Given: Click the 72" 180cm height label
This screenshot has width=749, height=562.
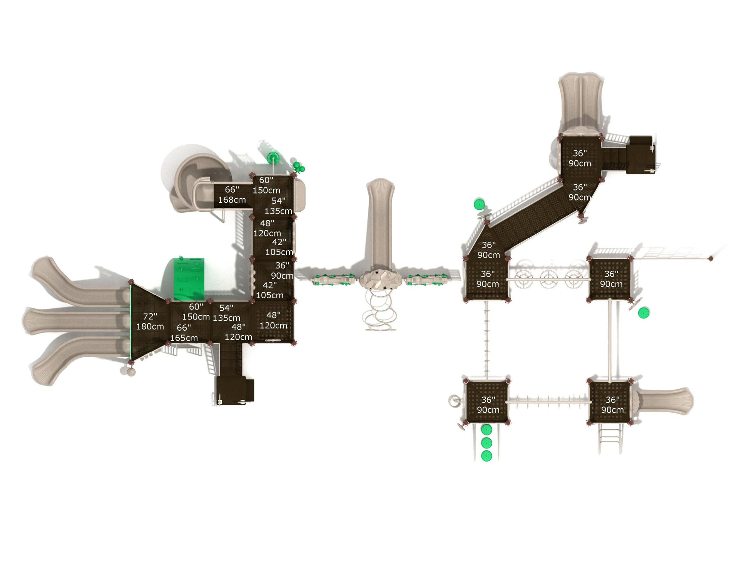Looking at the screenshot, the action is coord(150,321).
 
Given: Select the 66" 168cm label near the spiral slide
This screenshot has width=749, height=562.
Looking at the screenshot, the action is coord(232,195).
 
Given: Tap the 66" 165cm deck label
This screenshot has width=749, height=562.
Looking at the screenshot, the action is coord(184,333).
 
